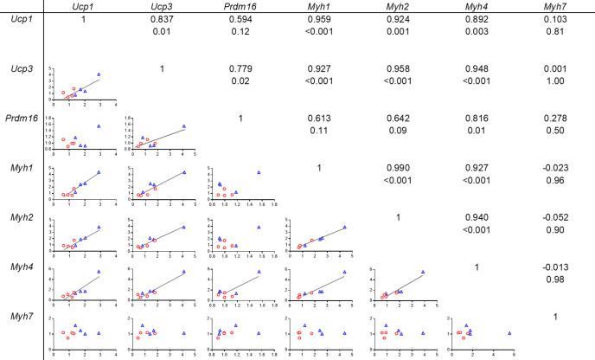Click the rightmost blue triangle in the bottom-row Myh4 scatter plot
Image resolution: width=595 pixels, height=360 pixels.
pyautogui.click(x=509, y=332)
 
